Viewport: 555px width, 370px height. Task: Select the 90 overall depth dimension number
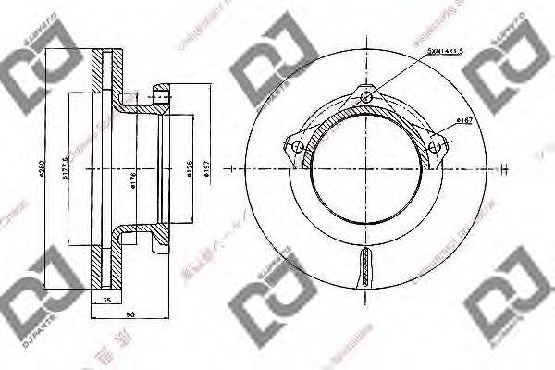[x=129, y=315]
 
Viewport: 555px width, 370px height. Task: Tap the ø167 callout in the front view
[x=465, y=121]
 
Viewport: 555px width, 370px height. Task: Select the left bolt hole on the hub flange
[x=298, y=147]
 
